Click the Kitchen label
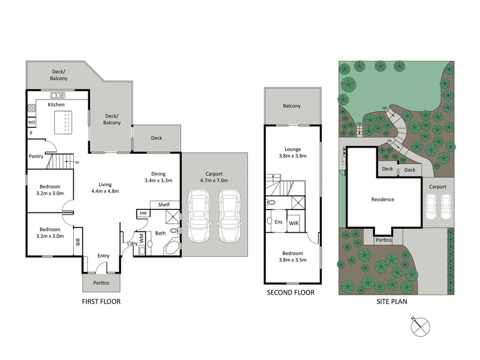[56, 105]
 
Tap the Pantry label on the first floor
[35, 157]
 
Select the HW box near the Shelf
[143, 214]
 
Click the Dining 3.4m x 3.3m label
[158, 176]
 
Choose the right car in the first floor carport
[229, 215]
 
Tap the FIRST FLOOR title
[101, 302]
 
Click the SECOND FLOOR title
[291, 293]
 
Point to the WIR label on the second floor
[293, 223]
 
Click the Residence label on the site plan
[382, 199]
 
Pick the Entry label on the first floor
[103, 256]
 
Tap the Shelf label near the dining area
[164, 205]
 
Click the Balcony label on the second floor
[292, 106]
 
